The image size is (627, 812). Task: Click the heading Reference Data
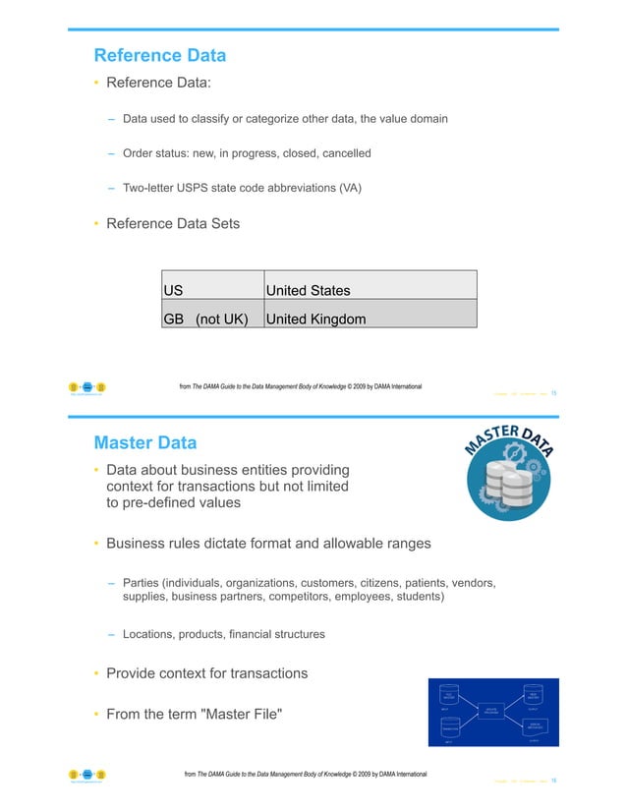click(159, 55)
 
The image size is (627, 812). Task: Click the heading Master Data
click(144, 442)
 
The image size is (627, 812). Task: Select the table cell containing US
click(213, 290)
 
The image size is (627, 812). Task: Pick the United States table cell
click(370, 290)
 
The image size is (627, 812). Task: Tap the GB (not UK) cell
click(213, 319)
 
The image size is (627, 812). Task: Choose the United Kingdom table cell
click(370, 319)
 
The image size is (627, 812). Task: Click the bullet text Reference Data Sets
click(172, 223)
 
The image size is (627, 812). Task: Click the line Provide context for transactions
click(206, 673)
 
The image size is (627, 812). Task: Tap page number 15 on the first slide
click(554, 393)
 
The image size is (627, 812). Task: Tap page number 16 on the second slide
click(554, 781)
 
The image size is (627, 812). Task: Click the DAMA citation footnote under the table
click(300, 386)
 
